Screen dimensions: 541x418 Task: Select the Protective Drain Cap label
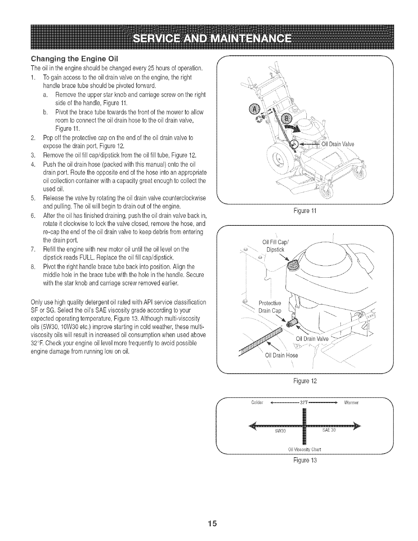(270, 307)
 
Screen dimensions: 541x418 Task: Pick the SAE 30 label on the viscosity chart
(329, 430)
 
